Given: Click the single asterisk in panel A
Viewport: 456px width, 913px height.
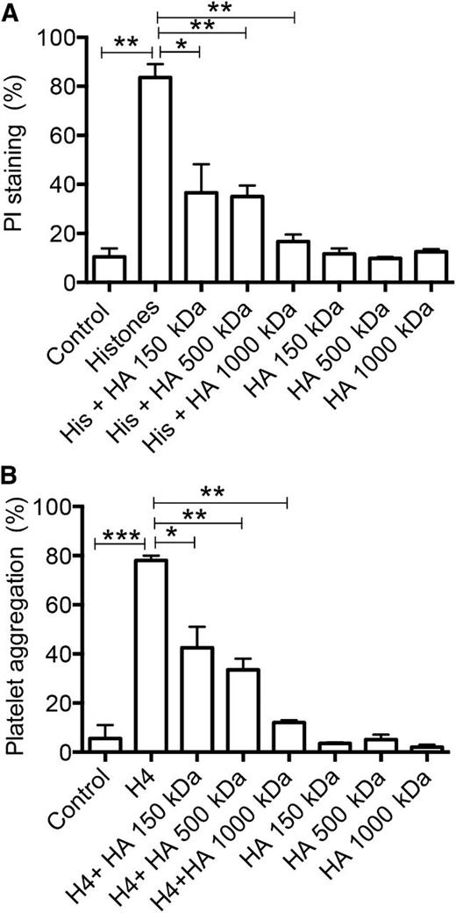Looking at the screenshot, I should (x=179, y=45).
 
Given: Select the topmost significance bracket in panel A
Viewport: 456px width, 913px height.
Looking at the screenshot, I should (x=226, y=16).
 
